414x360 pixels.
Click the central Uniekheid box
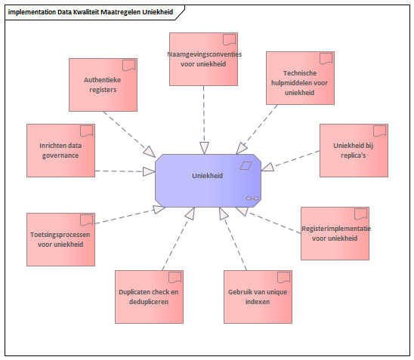click(208, 180)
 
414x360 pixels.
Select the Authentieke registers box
click(103, 85)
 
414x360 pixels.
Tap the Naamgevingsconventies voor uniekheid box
click(203, 59)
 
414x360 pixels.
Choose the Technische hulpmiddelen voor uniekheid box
click(300, 78)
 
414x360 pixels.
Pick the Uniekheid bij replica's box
click(354, 150)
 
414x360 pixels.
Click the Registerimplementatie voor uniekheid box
click(335, 233)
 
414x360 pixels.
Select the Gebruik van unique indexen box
click(258, 297)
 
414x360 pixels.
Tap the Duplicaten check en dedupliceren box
click(149, 297)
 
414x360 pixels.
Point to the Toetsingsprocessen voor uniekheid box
click(60, 239)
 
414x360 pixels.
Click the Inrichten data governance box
click(60, 150)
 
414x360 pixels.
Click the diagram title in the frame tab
click(91, 12)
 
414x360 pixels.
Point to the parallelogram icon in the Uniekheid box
click(246, 165)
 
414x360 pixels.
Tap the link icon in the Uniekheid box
click(252, 198)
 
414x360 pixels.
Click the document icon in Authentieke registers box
click(129, 66)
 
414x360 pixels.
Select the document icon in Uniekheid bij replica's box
click(380, 131)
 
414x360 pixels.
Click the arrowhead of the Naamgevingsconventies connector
click(204, 148)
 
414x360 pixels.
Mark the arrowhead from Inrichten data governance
click(149, 171)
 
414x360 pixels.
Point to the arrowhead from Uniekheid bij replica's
click(267, 168)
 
